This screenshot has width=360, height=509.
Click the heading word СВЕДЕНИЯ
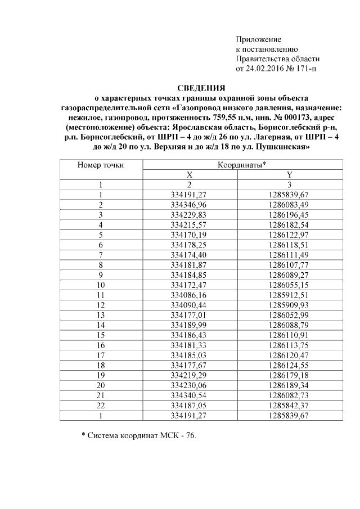click(201, 88)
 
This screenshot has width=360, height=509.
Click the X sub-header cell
click(190, 174)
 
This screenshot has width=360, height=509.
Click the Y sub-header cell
click(289, 174)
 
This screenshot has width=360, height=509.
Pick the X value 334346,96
click(190, 204)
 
